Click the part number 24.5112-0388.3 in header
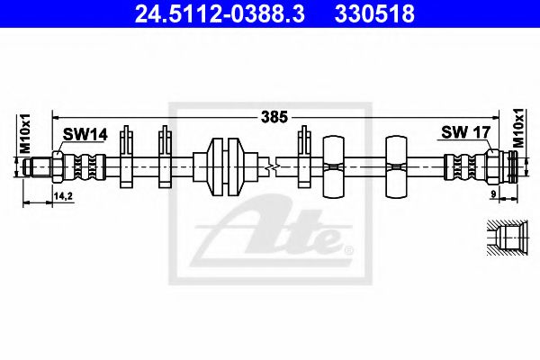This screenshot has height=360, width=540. tap(220, 13)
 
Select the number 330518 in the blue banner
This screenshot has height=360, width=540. tap(374, 13)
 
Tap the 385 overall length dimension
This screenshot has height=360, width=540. tap(274, 117)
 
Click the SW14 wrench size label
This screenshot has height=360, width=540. tap(85, 134)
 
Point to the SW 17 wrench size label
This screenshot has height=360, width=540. tap(465, 132)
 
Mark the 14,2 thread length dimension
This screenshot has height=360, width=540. tap(63, 196)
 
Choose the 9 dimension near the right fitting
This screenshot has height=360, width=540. tap(493, 194)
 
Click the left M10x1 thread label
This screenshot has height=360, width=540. tap(25, 133)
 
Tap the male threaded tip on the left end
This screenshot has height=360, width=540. tap(37, 167)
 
